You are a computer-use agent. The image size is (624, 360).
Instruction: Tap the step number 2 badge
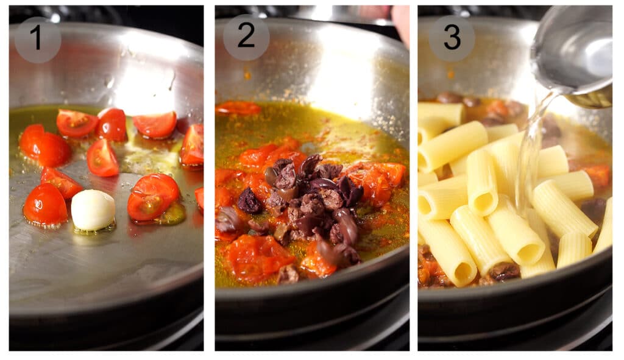pos(246,38)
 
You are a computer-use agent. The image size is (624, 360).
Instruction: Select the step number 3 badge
pos(452,38)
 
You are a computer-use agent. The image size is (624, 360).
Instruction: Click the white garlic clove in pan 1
pos(93,210)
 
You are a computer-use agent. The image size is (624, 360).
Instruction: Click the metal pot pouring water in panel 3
pos(573,55)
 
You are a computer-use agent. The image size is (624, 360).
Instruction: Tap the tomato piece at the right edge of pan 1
pos(193,144)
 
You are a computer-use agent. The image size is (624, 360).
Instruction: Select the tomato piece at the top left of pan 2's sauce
pos(238,108)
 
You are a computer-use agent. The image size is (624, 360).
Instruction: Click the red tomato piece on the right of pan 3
pos(597,176)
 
